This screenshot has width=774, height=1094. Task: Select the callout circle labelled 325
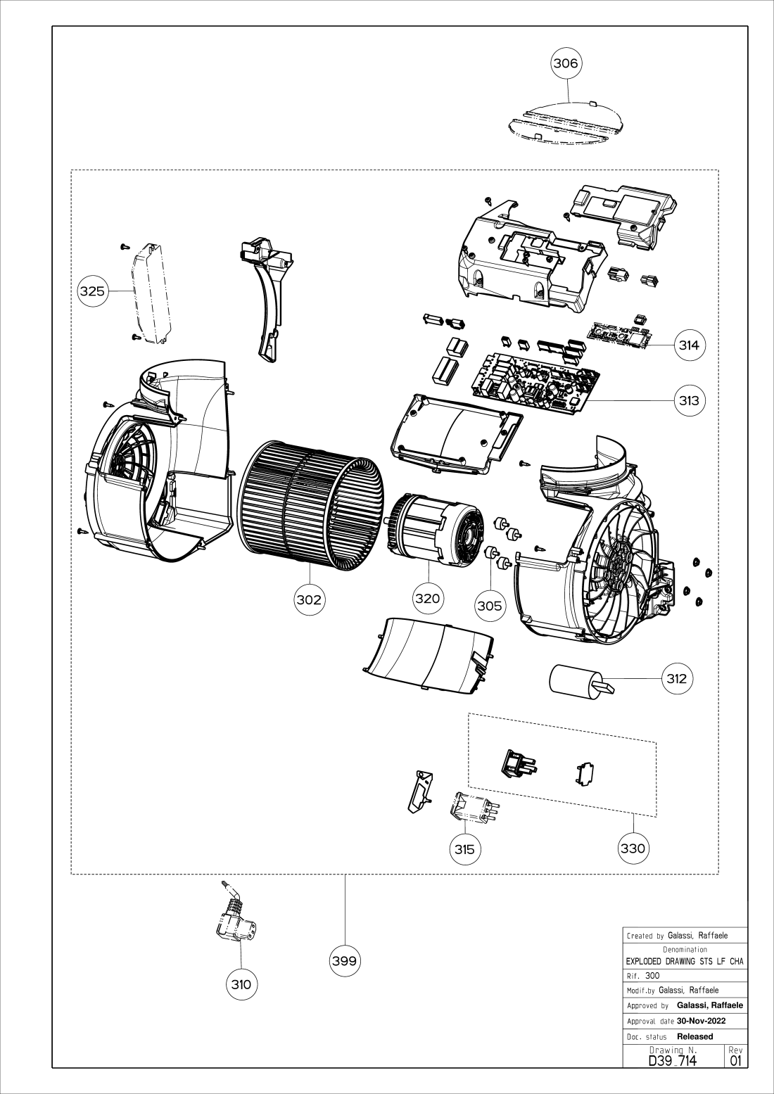tap(92, 291)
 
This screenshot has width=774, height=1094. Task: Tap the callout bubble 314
tap(689, 345)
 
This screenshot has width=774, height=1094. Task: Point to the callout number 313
tap(689, 400)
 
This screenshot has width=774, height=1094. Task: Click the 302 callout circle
tap(310, 599)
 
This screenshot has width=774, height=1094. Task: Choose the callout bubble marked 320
tap(428, 598)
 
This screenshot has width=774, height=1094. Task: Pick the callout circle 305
tap(490, 606)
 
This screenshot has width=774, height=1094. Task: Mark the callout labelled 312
tap(677, 678)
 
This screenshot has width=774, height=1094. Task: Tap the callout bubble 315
tap(465, 849)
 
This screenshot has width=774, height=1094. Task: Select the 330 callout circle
tap(633, 848)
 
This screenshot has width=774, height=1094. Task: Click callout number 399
tap(345, 960)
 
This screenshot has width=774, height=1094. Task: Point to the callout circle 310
tap(241, 985)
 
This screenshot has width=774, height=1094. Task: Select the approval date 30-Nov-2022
tap(702, 1022)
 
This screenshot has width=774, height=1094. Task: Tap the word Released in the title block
tap(695, 1036)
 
